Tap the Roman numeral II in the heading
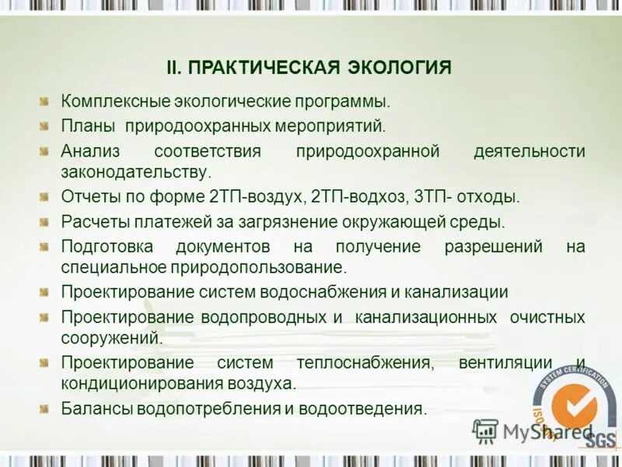[175, 67]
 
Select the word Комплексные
[107, 102]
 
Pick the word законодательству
[135, 171]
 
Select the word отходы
[488, 197]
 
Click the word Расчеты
[95, 222]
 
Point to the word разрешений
[493, 247]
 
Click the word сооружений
[112, 339]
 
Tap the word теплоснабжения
[364, 363]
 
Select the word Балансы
[96, 409]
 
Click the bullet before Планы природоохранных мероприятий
[45, 125]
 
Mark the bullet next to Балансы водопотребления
[45, 408]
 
